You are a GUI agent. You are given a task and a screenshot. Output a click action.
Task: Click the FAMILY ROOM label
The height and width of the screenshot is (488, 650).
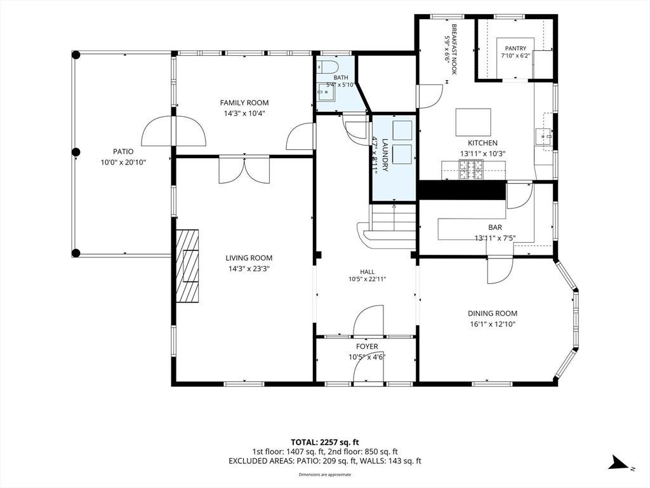click(x=244, y=103)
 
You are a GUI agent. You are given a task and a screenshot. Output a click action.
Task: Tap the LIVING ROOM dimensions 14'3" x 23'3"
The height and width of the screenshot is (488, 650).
click(x=249, y=269)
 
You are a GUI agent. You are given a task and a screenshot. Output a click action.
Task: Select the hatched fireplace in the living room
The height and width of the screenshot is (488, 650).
click(x=187, y=266)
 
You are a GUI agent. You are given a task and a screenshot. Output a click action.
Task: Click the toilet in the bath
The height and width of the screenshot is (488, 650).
click(x=328, y=67)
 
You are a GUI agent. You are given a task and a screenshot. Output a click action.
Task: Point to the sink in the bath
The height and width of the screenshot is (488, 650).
click(x=326, y=92)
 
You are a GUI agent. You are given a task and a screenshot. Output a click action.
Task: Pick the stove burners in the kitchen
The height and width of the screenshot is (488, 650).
click(x=471, y=170)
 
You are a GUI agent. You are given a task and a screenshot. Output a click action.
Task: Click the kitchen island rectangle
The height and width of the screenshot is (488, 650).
click(x=474, y=122)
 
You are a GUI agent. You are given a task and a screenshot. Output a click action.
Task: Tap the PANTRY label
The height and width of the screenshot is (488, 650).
click(x=515, y=48)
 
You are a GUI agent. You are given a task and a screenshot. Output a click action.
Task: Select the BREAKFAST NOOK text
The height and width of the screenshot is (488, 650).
click(x=454, y=50)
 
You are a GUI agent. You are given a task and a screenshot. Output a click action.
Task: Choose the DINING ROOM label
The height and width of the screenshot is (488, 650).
click(x=493, y=314)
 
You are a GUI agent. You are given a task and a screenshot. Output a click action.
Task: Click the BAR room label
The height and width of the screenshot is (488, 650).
click(x=495, y=227)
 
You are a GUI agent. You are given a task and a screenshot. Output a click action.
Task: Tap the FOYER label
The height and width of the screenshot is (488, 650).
click(x=367, y=346)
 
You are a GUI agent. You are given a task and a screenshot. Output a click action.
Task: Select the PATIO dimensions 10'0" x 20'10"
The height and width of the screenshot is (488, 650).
click(x=123, y=162)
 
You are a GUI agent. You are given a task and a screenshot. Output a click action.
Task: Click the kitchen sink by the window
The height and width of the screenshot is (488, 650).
click(x=543, y=135)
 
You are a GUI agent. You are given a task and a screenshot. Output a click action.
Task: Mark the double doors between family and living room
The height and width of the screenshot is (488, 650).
click(x=245, y=170)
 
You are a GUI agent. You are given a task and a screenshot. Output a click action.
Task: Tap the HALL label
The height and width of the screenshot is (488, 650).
click(x=368, y=272)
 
